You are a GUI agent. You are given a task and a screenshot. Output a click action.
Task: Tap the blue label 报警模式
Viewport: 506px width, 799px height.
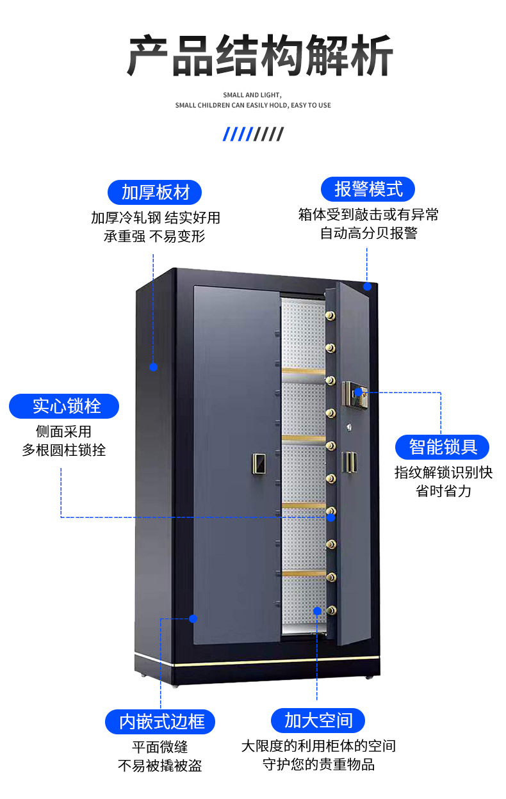point(368,190)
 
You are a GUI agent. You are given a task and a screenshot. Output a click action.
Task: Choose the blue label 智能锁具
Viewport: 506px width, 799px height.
point(443,447)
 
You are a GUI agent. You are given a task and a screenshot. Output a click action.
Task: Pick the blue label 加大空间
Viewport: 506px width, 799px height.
point(318,720)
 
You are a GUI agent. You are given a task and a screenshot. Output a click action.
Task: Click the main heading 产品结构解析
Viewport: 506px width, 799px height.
point(259,56)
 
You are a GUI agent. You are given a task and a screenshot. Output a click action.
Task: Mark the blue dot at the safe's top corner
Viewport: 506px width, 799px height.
point(367,286)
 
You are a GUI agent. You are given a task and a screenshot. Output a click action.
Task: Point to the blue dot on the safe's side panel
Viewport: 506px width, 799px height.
point(153,367)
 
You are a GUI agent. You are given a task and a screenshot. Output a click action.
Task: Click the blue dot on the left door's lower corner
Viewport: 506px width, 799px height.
point(193,618)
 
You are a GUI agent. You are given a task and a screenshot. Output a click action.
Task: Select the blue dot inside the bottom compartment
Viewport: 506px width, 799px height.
point(317,611)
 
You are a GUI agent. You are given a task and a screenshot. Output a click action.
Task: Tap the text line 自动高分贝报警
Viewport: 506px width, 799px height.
point(368,233)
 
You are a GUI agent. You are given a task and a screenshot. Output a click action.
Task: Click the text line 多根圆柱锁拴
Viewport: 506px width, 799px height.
point(64,450)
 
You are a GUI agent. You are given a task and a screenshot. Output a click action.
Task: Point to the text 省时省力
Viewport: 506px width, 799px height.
point(443,491)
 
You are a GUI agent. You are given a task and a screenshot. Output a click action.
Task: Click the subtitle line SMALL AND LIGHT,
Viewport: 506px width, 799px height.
point(252,95)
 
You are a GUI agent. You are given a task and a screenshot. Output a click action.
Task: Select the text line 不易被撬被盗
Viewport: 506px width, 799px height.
point(160,766)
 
